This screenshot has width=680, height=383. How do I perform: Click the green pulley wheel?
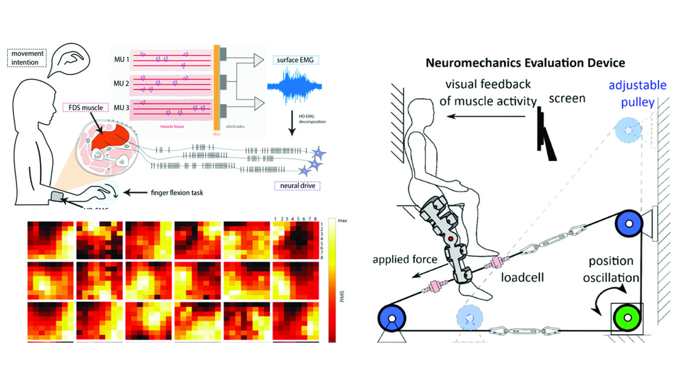tap(627, 318)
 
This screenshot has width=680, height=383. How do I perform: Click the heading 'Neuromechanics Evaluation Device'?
tap(524, 63)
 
